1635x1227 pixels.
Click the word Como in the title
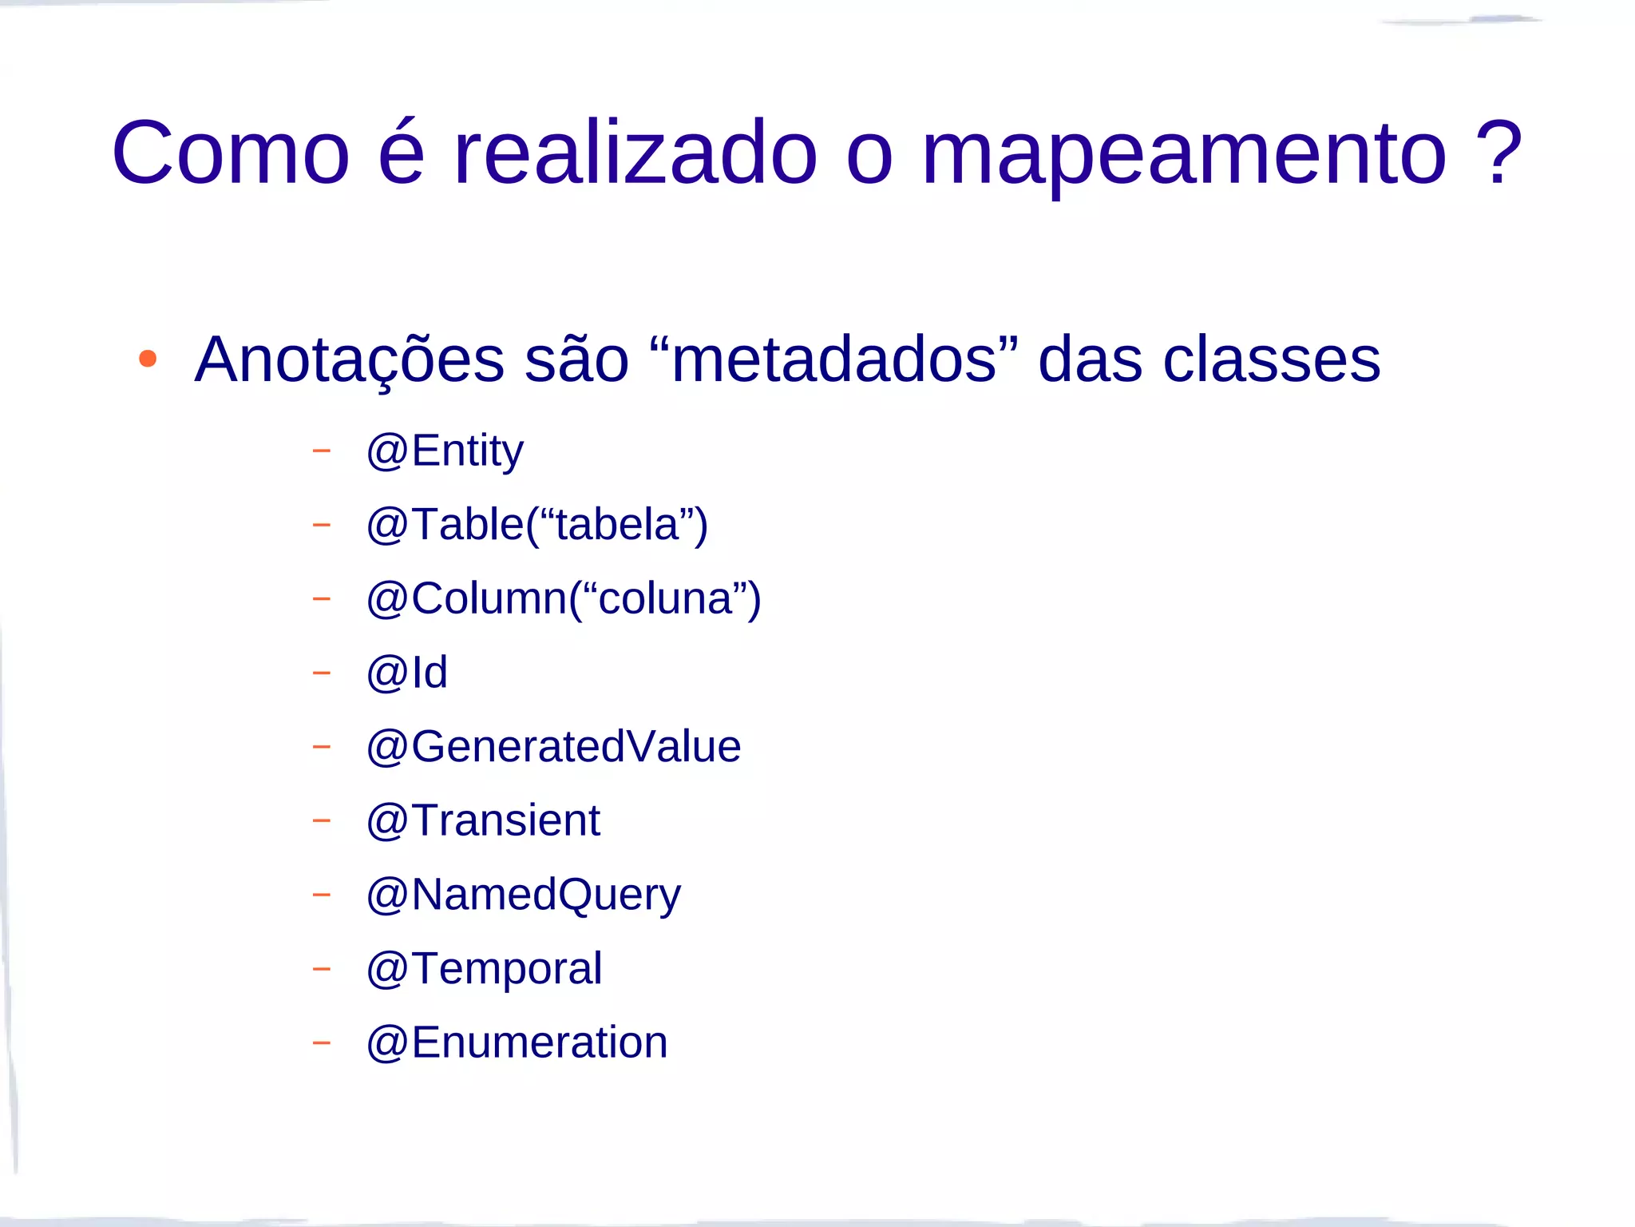tap(231, 153)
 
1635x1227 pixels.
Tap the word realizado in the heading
tap(635, 153)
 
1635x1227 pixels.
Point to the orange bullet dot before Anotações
tap(148, 359)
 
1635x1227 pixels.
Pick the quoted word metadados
tap(834, 359)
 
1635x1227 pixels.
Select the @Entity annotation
tap(445, 451)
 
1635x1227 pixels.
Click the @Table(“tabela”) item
tap(536, 526)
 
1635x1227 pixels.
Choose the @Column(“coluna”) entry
tap(564, 599)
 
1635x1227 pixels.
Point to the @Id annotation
tap(406, 673)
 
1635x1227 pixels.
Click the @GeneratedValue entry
tap(553, 747)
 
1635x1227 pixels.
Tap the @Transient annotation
tap(483, 820)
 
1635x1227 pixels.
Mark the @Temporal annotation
tap(484, 969)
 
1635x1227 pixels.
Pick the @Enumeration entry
tap(517, 1042)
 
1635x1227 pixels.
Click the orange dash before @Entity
tap(321, 451)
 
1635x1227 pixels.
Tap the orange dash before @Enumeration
tap(321, 1042)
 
